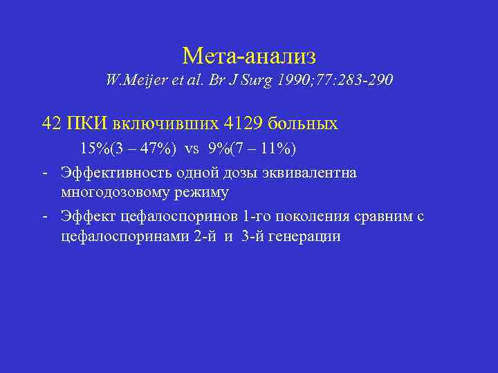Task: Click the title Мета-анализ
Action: (x=249, y=55)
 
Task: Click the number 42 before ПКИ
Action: (x=51, y=124)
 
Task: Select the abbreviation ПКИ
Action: (x=85, y=124)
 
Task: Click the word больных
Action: (x=308, y=124)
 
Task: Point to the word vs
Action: (x=191, y=149)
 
